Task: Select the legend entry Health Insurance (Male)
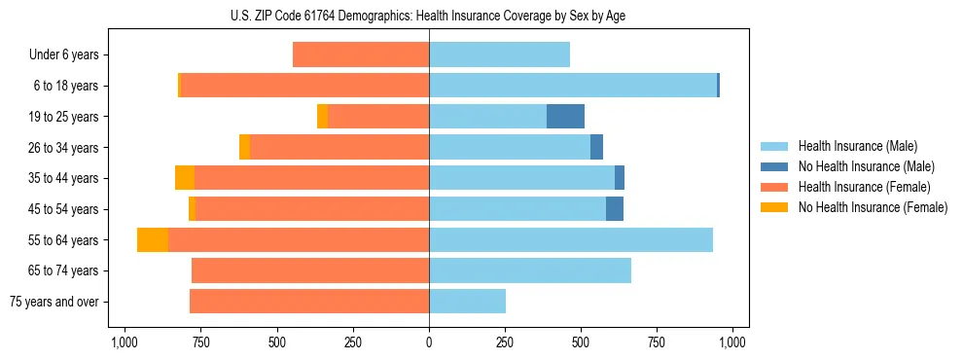857,146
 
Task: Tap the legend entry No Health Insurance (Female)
873,207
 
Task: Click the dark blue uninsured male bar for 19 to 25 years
565,117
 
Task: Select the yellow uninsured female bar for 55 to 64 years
153,240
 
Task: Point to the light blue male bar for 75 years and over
467,302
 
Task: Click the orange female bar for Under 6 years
361,55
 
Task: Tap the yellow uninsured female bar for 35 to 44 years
185,178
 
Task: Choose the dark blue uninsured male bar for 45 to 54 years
615,209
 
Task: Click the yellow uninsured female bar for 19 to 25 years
323,117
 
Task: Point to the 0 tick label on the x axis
429,342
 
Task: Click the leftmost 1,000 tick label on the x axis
124,342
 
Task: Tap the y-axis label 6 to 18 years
65,87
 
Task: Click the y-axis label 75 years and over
54,302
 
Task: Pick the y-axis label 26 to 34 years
63,148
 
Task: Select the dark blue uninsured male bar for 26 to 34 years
596,148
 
